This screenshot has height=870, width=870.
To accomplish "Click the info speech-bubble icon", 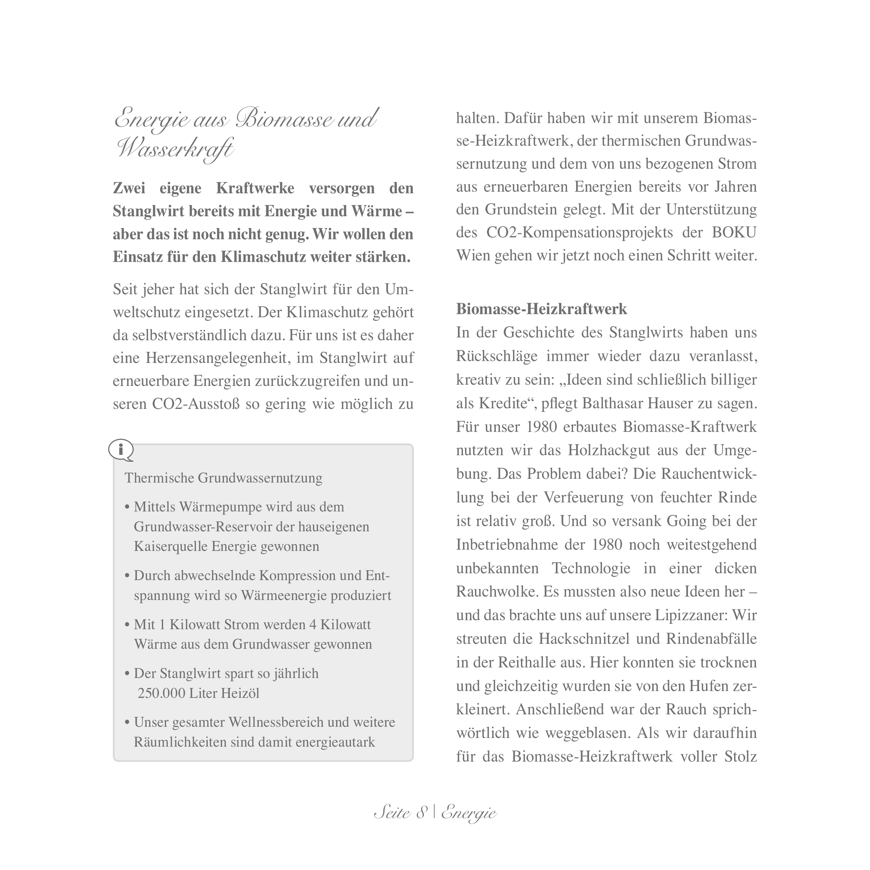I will tap(121, 449).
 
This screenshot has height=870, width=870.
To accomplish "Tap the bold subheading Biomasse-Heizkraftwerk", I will tap(541, 309).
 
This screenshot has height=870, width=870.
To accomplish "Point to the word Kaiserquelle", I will tap(171, 546).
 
